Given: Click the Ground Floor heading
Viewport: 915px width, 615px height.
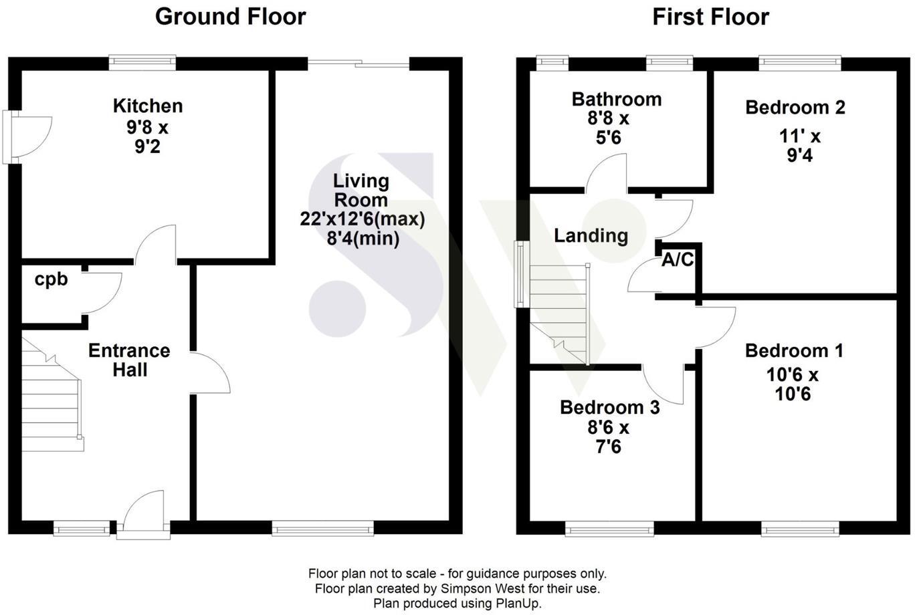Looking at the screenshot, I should (x=230, y=17).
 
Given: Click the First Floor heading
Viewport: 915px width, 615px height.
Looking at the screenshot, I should (x=710, y=17).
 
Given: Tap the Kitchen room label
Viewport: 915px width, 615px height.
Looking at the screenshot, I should (x=147, y=106).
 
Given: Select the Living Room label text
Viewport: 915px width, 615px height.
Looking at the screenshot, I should (x=361, y=191).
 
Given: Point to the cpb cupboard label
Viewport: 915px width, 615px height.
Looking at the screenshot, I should (x=52, y=279).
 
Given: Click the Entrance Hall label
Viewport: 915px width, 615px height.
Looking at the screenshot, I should (x=129, y=360).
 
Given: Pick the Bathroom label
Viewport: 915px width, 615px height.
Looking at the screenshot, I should (x=616, y=100).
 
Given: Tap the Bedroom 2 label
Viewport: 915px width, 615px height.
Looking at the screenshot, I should (x=795, y=107).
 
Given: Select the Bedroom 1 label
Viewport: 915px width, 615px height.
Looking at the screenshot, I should (x=794, y=350).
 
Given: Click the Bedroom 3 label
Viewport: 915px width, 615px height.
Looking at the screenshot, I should (x=609, y=407).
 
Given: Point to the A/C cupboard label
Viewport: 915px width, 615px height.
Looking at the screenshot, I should (x=678, y=260).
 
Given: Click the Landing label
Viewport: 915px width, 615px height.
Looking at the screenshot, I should (x=591, y=235).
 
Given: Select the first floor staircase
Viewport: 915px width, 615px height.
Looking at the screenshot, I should (x=559, y=311).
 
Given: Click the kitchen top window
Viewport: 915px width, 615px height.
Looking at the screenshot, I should (x=143, y=63).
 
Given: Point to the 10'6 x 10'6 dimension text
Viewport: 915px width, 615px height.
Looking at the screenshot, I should (x=793, y=384).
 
